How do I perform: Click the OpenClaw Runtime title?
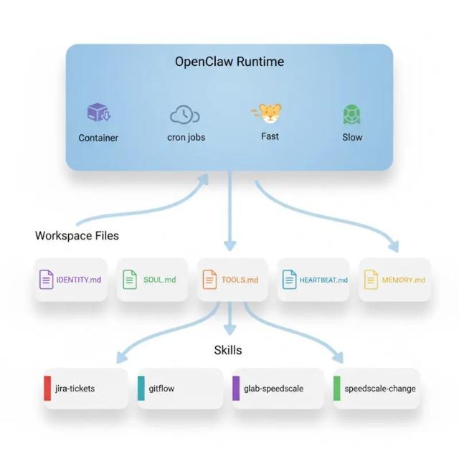[229, 62]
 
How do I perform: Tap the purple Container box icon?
[98, 113]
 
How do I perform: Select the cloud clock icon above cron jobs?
[184, 114]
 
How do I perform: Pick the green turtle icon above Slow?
[351, 115]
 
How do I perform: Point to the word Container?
[98, 137]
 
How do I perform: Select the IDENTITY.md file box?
[70, 280]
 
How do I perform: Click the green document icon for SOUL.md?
[129, 280]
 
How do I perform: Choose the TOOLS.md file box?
[229, 280]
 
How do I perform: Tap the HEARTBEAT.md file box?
[313, 280]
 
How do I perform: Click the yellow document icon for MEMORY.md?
[371, 280]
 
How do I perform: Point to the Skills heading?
[228, 350]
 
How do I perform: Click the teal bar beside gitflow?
[142, 389]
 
